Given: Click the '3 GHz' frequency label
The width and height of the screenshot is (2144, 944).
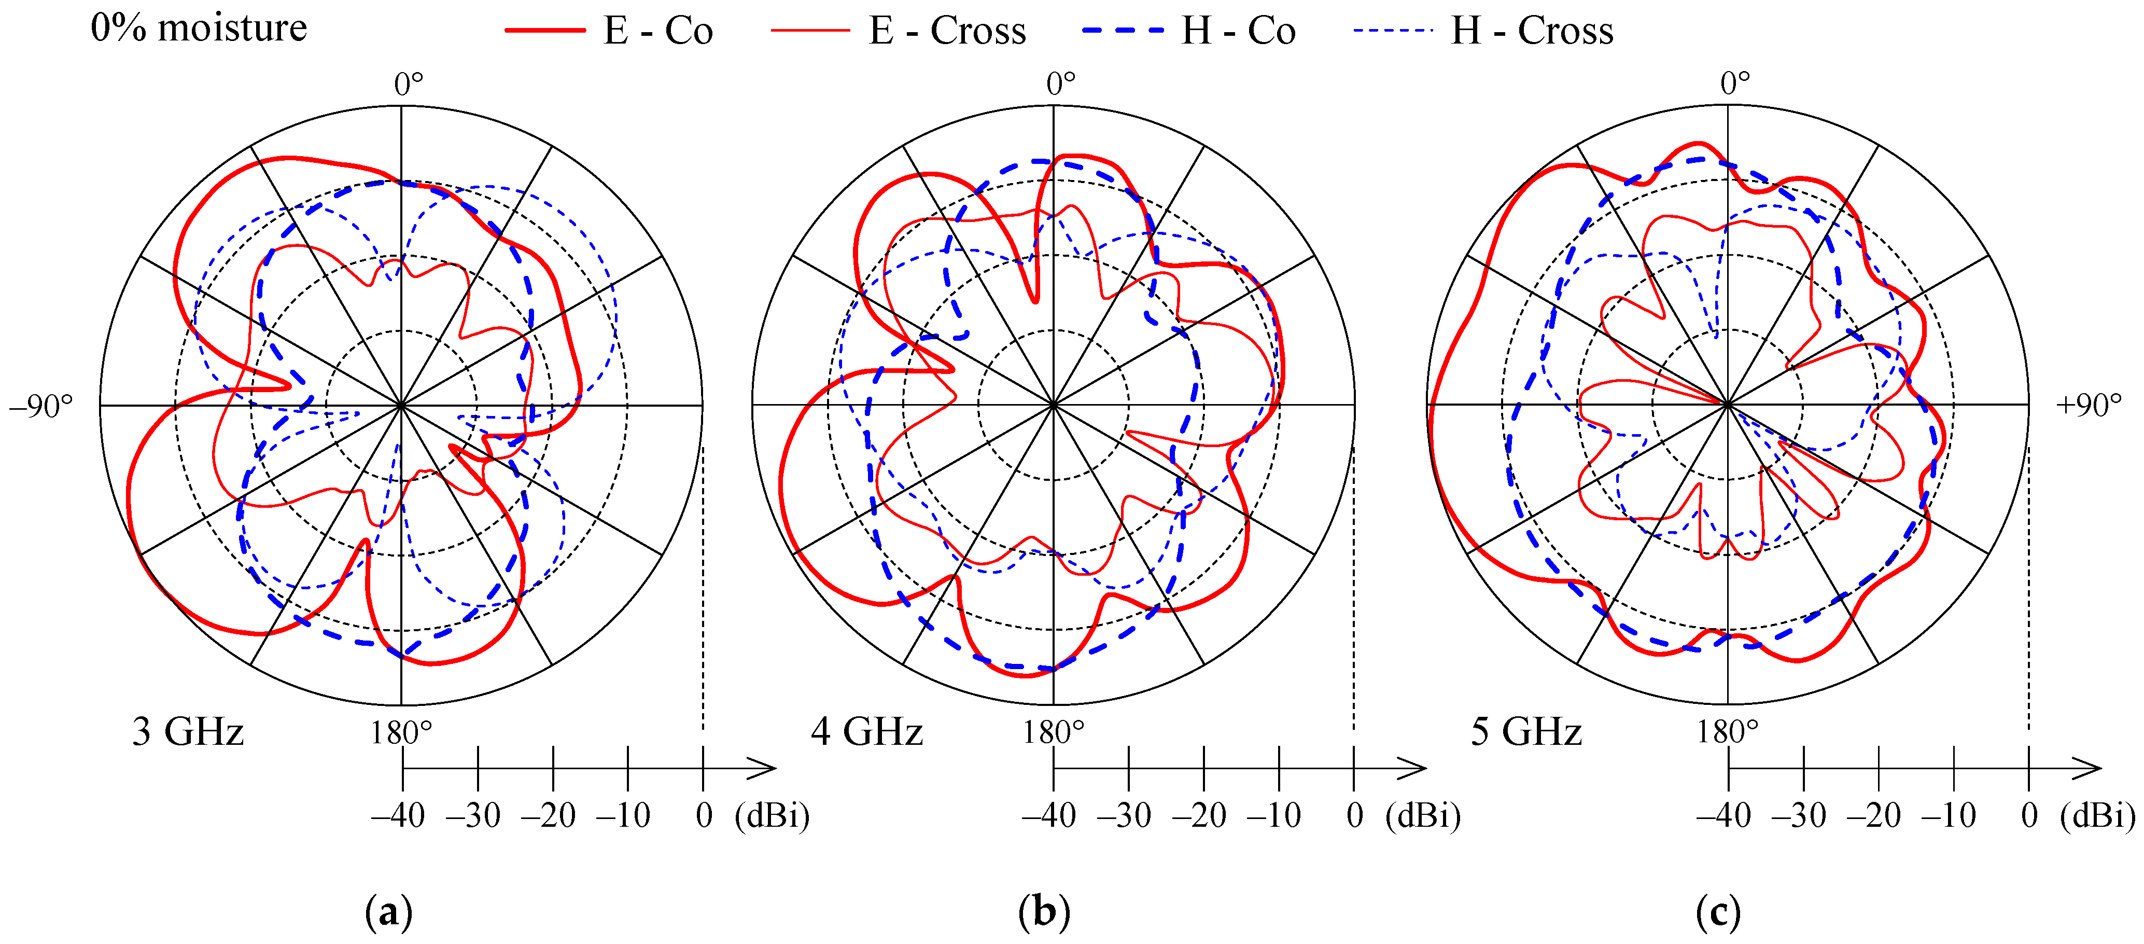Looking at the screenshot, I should tap(188, 732).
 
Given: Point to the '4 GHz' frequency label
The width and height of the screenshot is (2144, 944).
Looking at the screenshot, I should tap(866, 732).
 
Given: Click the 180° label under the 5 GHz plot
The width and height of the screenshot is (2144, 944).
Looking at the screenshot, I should tap(1728, 732).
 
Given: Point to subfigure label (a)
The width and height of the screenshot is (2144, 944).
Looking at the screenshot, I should tap(389, 912).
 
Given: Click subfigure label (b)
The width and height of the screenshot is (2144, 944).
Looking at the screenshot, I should tap(1044, 912).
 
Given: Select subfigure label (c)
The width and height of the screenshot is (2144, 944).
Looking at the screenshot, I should tap(1718, 912).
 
